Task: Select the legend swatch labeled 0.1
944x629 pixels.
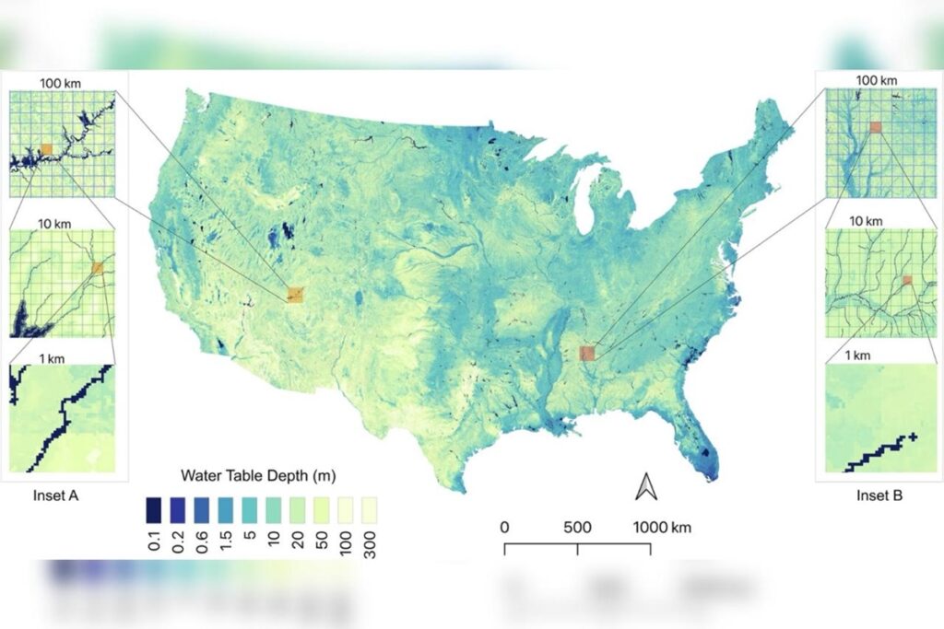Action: [155, 510]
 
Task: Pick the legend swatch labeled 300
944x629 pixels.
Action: [369, 510]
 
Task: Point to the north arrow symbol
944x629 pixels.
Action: [645, 486]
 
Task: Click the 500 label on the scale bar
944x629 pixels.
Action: [577, 528]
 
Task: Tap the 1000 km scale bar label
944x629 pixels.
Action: [662, 528]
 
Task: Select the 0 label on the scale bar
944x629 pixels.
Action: [504, 528]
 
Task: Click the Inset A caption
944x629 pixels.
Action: [57, 495]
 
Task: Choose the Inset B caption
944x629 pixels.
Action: [879, 495]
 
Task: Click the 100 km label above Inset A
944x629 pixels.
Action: [60, 84]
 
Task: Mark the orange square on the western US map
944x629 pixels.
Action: [295, 295]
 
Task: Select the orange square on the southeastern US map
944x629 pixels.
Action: [587, 353]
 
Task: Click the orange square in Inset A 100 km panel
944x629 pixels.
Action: [46, 148]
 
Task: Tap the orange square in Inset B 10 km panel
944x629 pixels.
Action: [907, 280]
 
